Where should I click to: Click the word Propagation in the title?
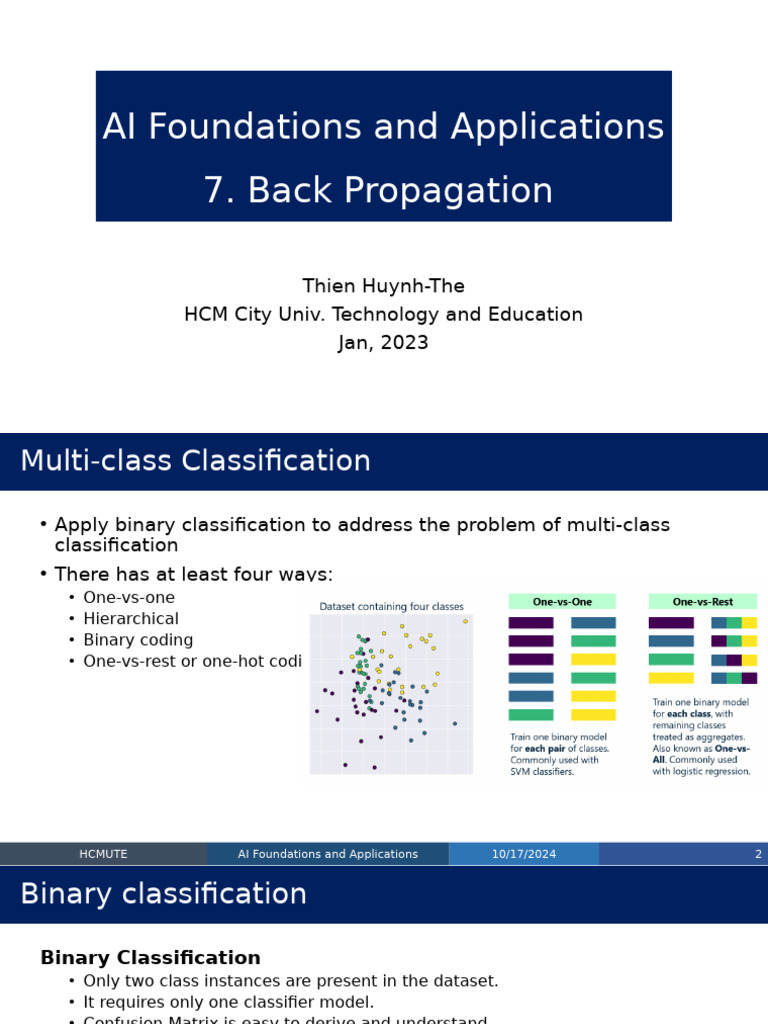(400, 190)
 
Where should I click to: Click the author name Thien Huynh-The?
(383, 286)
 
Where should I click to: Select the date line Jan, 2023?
(383, 343)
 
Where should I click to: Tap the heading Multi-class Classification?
(195, 461)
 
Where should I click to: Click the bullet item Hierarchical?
(130, 619)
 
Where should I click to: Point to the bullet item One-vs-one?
(128, 598)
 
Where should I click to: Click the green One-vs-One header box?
(562, 602)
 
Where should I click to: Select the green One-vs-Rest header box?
(702, 602)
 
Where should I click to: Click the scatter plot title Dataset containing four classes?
(391, 606)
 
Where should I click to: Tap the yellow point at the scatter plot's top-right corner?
(465, 621)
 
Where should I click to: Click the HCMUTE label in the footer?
(103, 854)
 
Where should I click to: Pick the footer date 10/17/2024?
(523, 854)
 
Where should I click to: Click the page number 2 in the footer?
(758, 854)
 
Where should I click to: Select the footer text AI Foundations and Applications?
(328, 854)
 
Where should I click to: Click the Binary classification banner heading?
(163, 894)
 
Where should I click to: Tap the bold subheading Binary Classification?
(150, 958)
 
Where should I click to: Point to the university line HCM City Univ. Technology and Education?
(383, 315)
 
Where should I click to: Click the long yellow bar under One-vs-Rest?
(671, 678)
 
